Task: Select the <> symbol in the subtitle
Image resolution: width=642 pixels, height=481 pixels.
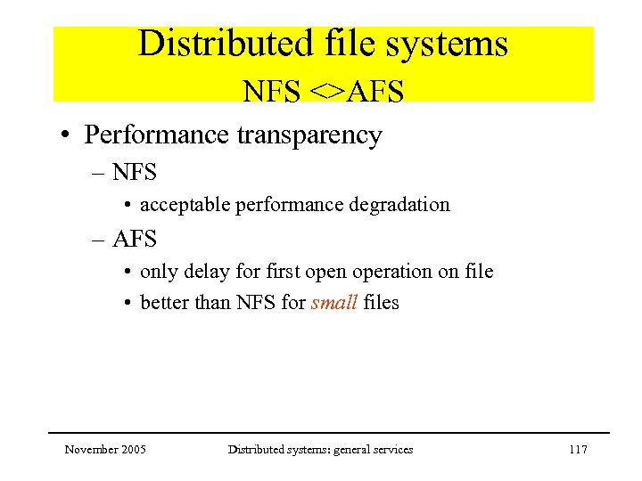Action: click(326, 91)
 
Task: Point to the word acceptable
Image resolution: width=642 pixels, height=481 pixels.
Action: click(185, 205)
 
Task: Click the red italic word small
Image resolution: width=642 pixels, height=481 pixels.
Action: click(334, 303)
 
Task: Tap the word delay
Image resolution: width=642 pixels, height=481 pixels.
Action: click(199, 272)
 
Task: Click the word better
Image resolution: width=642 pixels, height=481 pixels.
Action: click(165, 303)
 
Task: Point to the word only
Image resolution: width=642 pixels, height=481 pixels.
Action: click(157, 272)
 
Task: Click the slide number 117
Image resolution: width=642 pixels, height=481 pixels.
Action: click(578, 450)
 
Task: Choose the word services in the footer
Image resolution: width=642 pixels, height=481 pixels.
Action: click(393, 450)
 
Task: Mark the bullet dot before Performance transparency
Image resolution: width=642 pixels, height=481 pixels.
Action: click(66, 136)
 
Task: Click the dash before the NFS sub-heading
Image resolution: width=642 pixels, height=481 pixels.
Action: click(97, 170)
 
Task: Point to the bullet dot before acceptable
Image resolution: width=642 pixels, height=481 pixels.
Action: click(130, 206)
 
